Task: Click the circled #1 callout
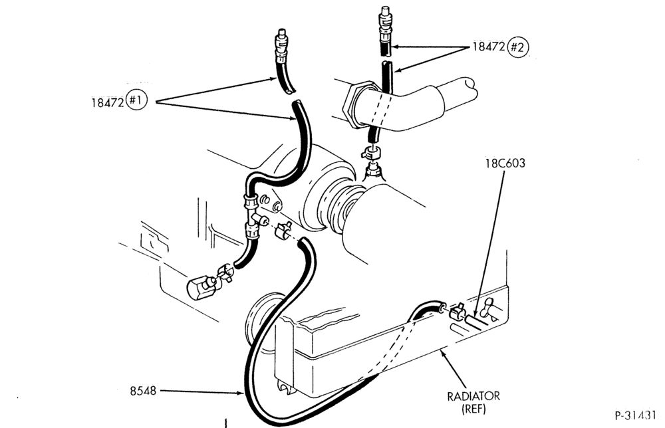pos(136,100)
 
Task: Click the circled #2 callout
pos(518,47)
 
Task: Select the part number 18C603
pos(505,163)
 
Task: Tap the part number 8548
pos(143,391)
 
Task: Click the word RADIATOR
pos(473,396)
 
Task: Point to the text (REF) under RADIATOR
pos(473,409)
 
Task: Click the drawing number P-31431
pos(636,415)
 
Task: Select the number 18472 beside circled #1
pos(108,102)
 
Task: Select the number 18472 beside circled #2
pos(489,47)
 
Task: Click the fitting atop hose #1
pos(281,46)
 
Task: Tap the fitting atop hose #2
pos(384,24)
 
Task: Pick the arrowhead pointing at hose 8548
pos(240,393)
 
